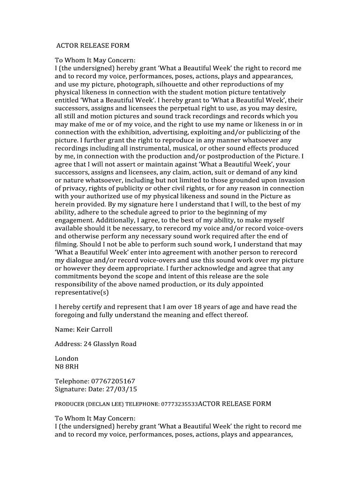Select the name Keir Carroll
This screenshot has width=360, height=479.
point(94,329)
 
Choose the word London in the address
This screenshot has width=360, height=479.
point(67,358)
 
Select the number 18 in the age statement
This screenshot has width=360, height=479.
point(212,307)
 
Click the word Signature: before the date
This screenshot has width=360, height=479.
point(71,389)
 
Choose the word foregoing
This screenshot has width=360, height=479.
point(72,315)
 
